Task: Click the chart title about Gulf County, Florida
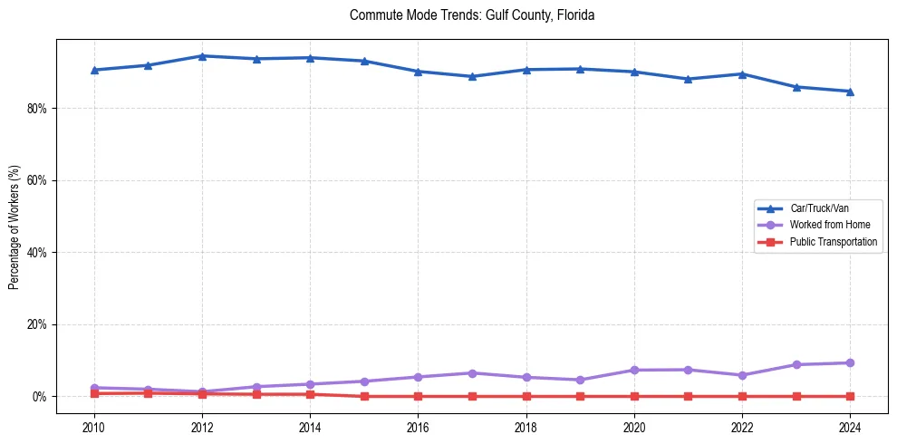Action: click(471, 15)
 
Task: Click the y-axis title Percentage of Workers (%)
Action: click(14, 227)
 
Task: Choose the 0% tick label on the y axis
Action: click(40, 397)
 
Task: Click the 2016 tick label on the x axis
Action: click(418, 426)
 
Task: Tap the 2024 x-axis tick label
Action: click(850, 426)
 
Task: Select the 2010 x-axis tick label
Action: click(93, 426)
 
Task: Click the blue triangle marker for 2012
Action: click(202, 56)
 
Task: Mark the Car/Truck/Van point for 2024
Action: click(850, 91)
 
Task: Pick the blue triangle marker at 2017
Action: click(472, 76)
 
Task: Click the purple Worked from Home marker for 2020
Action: click(634, 370)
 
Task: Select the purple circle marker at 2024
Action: click(850, 362)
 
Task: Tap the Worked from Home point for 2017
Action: click(472, 373)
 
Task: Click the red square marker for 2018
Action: click(526, 396)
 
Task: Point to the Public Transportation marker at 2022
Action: click(742, 396)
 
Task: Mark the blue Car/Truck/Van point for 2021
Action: click(688, 79)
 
